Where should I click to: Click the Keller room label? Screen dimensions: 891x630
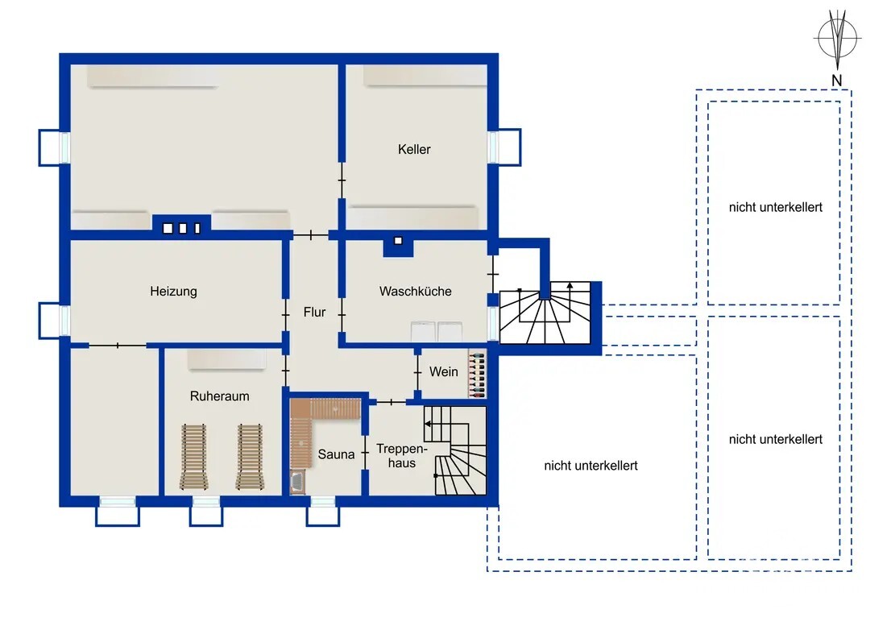[414, 149]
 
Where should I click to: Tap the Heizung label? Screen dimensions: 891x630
[173, 292]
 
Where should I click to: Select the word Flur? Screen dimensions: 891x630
[314, 312]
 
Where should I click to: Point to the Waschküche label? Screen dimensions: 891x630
[416, 292]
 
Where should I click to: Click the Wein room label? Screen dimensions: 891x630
[443, 371]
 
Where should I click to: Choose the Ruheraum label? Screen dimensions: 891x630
[219, 396]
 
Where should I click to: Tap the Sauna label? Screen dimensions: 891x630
[336, 454]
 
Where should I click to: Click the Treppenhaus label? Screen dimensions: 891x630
[402, 456]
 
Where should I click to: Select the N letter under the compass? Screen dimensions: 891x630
[836, 81]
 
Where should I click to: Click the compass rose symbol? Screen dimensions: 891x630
[836, 39]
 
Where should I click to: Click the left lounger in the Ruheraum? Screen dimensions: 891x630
[194, 457]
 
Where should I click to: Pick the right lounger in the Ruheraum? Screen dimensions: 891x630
[250, 457]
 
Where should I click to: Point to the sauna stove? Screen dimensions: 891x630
[297, 483]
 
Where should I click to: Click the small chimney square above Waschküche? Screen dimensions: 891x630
[398, 241]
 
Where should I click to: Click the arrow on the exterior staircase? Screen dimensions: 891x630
[570, 293]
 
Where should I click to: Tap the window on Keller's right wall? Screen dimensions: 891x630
[504, 147]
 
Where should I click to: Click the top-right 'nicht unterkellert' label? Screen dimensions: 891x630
[775, 207]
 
